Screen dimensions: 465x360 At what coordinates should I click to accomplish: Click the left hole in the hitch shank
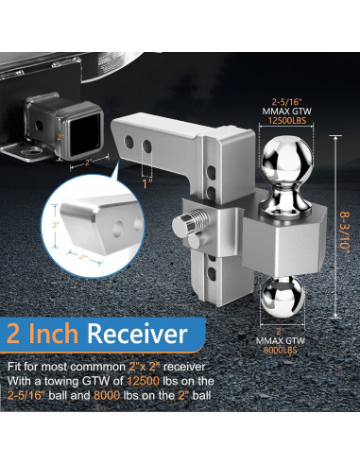(132, 146)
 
